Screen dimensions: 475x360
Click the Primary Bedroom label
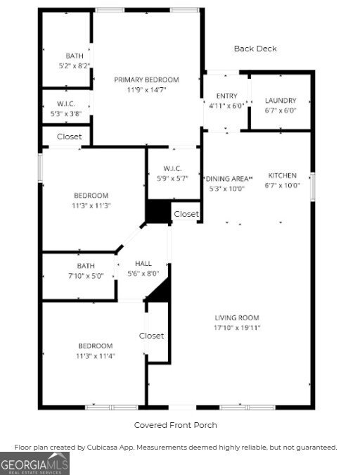point(147,80)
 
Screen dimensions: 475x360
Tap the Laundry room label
point(281,101)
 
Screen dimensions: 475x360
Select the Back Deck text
point(255,49)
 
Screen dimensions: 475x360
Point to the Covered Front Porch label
point(175,425)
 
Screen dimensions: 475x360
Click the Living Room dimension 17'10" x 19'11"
point(238,327)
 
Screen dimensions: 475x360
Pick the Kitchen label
point(283,175)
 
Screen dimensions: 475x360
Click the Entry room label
point(226,96)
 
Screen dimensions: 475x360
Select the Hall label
point(143,263)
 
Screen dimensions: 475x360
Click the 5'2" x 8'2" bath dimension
point(74,65)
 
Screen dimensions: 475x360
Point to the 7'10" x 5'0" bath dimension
point(86,276)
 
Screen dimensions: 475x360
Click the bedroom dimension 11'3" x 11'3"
point(92,205)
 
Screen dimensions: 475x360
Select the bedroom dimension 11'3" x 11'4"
point(95,356)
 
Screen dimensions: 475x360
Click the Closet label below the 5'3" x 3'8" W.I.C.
point(69,137)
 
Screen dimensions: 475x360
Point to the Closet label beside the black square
point(186,214)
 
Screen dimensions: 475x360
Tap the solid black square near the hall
point(158,211)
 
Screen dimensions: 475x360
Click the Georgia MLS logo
point(35,463)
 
